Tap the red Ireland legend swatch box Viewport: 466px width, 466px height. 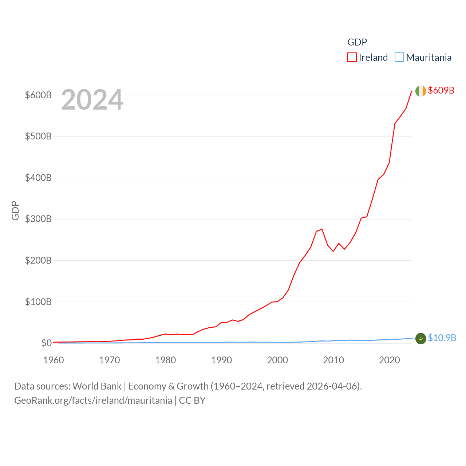point(352,58)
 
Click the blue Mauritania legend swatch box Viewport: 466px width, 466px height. point(399,58)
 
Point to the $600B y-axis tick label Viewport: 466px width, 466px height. point(38,95)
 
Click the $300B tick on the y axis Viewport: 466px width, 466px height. point(38,219)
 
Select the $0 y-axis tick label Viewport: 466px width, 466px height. point(46,343)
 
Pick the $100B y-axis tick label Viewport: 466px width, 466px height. point(38,302)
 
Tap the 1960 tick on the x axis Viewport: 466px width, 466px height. point(54,360)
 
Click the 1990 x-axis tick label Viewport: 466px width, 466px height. point(221,360)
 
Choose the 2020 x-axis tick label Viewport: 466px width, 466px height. point(389,360)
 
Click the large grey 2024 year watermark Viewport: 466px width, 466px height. point(92,100)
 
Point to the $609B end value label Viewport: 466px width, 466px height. point(441,90)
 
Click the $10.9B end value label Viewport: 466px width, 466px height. point(442,338)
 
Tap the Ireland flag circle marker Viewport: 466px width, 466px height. point(420,91)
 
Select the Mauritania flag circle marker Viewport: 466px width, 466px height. point(420,338)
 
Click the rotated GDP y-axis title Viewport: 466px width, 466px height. point(15,210)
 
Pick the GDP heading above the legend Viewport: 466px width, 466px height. point(357,42)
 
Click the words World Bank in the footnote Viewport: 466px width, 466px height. point(97,386)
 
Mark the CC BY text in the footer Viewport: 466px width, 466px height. point(192,400)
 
